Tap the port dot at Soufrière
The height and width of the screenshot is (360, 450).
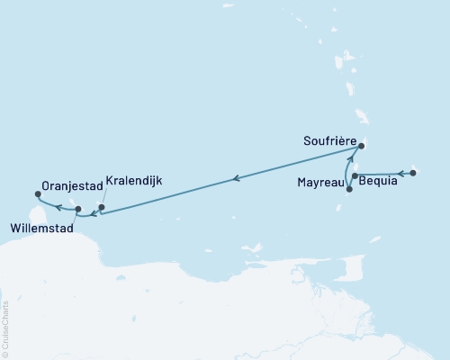(x=361, y=146)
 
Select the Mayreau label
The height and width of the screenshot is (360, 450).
(x=319, y=182)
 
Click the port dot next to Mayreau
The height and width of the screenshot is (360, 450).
(x=348, y=188)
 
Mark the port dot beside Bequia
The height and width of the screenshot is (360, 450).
(x=355, y=175)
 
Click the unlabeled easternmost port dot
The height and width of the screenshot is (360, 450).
(x=412, y=172)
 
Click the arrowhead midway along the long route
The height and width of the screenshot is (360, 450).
(x=236, y=178)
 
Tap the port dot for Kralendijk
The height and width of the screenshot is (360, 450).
(x=102, y=208)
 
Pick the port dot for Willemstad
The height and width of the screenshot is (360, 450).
(x=78, y=210)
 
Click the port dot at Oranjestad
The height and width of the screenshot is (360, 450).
(x=38, y=193)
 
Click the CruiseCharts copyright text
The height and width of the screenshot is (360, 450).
(x=5, y=328)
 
